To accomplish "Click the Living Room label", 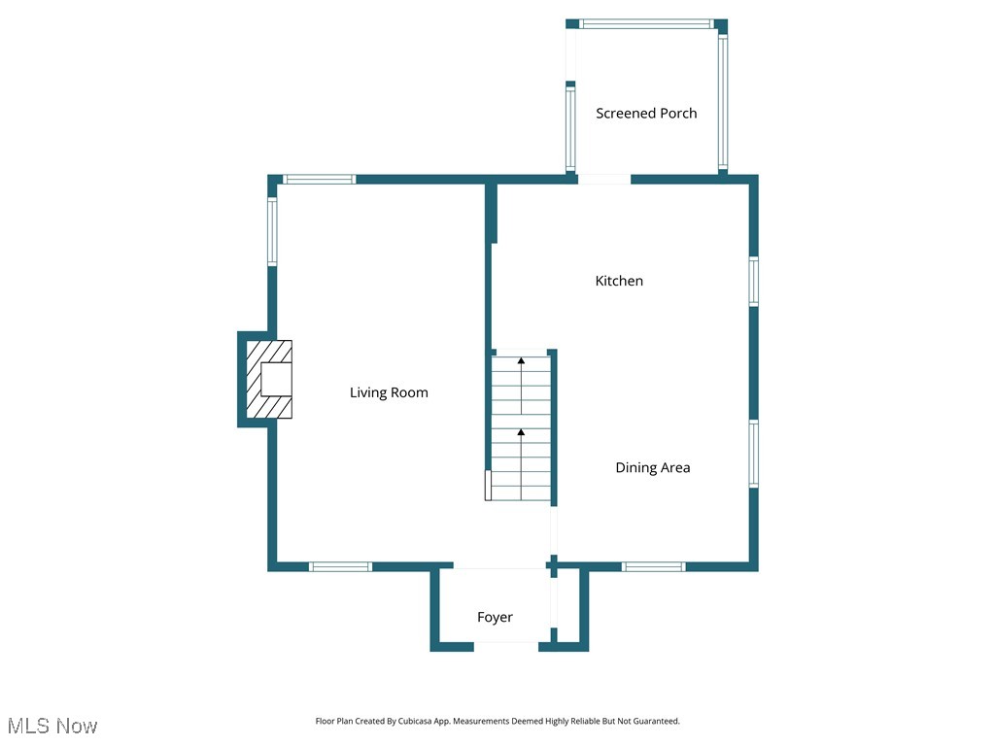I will click(x=389, y=392).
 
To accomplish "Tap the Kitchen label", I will click(x=619, y=281).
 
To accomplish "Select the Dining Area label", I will click(x=652, y=467).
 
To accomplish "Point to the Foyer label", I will click(x=495, y=617).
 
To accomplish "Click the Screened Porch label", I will click(x=646, y=113).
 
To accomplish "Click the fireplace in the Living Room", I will click(x=269, y=379).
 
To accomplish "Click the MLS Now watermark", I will click(x=52, y=726).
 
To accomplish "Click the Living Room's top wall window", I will click(x=319, y=179).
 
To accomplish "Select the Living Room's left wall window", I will click(x=272, y=232).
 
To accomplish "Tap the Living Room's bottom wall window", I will click(x=340, y=566).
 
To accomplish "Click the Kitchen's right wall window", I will click(x=753, y=282).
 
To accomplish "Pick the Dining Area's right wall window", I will click(x=753, y=453).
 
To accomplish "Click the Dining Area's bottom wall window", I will click(x=653, y=566).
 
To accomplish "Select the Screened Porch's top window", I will click(x=645, y=23).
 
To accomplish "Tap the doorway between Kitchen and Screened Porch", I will click(x=603, y=179).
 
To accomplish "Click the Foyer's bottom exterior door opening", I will click(x=505, y=645).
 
